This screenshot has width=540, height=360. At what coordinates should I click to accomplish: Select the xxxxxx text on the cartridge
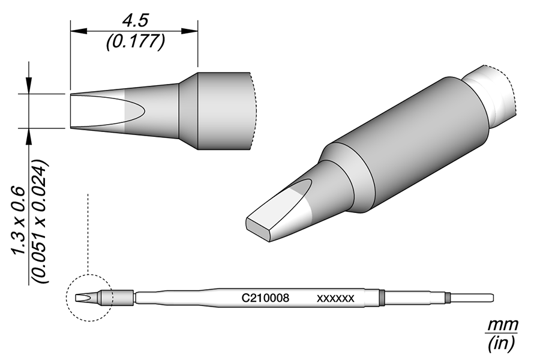336,297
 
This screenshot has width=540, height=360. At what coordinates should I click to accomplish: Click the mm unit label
502,325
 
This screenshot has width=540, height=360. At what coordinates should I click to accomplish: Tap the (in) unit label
502,343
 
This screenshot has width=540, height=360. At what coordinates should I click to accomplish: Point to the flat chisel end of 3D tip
259,228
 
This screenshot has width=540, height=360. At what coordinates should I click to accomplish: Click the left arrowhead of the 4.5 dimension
74,31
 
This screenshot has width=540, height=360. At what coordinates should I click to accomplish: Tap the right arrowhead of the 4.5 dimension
194,31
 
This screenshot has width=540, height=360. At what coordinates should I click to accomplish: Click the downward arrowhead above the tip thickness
28,88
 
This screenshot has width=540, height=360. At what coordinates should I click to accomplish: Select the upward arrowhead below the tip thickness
28,135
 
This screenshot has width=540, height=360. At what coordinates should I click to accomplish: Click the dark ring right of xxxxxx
382,297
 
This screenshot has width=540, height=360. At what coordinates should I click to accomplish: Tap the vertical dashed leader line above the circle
88,234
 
